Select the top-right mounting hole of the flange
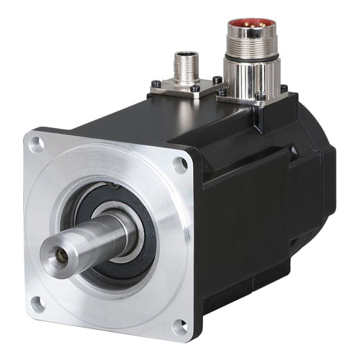[x=180, y=163]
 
